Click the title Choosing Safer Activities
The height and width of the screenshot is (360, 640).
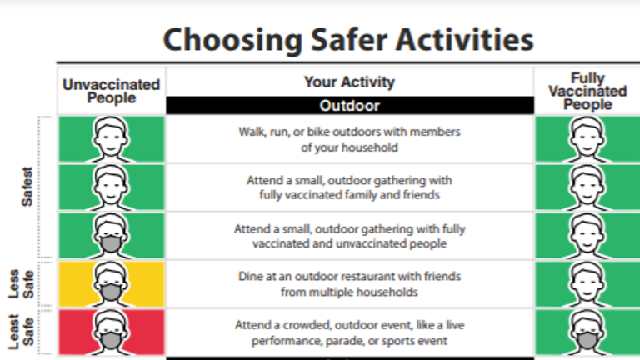point(348,40)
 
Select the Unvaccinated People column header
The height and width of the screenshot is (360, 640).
point(111,92)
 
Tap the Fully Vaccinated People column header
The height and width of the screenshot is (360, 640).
point(587,91)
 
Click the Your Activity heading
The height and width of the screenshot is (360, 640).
point(349,82)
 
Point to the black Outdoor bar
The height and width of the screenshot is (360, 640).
point(350,105)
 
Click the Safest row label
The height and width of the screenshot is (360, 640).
point(27,187)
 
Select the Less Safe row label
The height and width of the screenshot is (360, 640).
point(21,283)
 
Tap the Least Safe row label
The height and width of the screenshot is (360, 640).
point(21,332)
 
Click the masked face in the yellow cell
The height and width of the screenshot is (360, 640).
point(111,284)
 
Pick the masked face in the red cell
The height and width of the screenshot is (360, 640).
point(111,332)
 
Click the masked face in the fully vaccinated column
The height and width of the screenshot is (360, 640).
point(587,332)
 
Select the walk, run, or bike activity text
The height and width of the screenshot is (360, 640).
point(349,139)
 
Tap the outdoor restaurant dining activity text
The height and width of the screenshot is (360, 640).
point(349,283)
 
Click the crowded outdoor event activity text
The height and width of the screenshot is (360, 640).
point(349,332)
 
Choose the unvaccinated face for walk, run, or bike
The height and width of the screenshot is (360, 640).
point(111,139)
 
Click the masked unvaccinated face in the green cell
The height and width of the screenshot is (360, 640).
point(111,236)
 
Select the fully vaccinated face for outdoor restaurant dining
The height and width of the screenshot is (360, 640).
point(587,284)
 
